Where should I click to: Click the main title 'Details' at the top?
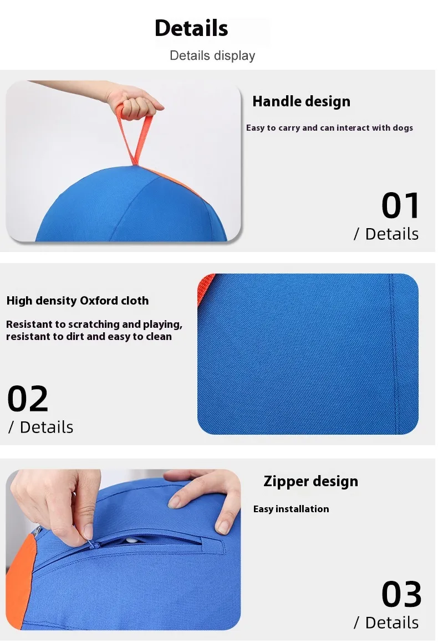coord(191,28)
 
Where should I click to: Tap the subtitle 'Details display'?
coord(212,55)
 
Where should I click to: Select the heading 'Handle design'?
coord(301,101)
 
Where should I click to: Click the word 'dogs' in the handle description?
coord(403,128)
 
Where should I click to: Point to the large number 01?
coord(400,205)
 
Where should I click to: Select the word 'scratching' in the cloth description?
coord(94,324)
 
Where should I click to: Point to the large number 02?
coord(28,399)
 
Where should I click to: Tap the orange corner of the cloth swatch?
coord(204,287)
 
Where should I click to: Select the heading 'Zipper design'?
coord(310,481)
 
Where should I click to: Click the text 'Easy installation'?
coord(291,509)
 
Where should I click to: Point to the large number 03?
coord(401,594)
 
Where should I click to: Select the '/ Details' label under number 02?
coord(40,427)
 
